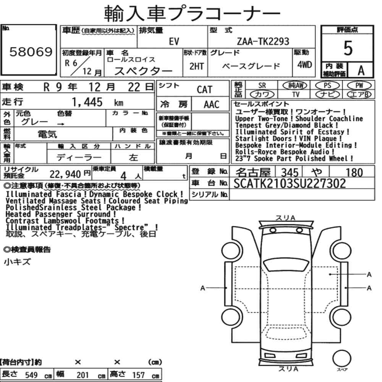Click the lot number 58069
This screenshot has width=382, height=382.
click(x=31, y=52)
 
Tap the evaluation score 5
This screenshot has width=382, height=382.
click(x=348, y=48)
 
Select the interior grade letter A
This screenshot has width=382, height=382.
click(x=361, y=71)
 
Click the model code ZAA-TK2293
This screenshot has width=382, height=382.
click(x=263, y=41)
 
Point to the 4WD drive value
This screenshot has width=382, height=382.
click(x=304, y=65)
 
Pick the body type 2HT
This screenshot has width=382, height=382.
click(x=196, y=66)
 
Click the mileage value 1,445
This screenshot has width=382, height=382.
click(x=87, y=102)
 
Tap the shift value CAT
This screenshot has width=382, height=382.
click(x=204, y=89)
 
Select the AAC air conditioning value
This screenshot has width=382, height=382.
click(x=212, y=105)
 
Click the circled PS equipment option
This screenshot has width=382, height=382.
click(x=327, y=86)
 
